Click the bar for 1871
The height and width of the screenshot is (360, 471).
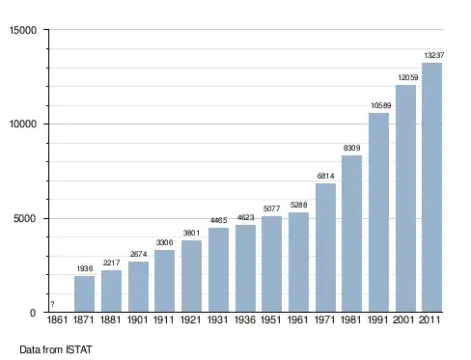point(84,294)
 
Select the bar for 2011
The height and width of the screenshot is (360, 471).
point(431,187)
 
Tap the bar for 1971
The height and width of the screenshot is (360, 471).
point(325,248)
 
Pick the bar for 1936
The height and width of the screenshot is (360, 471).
point(245,268)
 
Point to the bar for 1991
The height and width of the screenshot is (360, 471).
point(378,212)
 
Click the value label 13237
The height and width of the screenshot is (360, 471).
point(433,55)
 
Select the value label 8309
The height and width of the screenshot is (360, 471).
point(351,148)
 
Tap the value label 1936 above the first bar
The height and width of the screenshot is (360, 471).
point(85,268)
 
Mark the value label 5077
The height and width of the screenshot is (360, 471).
point(271,208)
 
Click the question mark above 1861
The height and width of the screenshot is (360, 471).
point(52,304)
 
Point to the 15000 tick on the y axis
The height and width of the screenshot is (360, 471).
point(23,30)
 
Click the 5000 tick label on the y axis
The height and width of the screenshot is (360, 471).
point(24,219)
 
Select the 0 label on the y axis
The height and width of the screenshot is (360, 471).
point(33,313)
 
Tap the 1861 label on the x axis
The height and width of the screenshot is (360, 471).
point(57,319)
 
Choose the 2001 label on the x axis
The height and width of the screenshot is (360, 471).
point(403,319)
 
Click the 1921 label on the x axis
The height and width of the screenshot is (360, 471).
point(190,319)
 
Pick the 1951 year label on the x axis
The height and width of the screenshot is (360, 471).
point(271,319)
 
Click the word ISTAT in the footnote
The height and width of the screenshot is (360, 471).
point(79,349)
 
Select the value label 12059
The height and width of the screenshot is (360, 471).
point(408,77)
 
